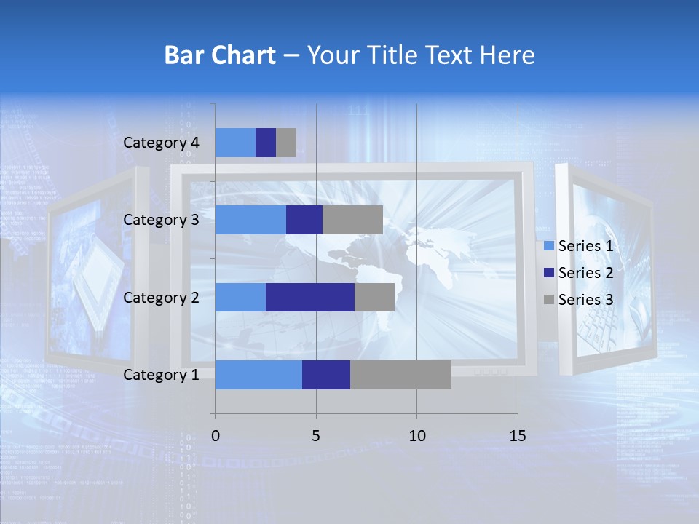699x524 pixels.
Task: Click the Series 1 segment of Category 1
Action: tap(258, 374)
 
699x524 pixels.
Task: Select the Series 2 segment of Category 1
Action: tap(326, 374)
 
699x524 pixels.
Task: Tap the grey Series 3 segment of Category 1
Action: tap(400, 374)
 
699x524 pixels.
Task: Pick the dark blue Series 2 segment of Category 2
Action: tap(310, 297)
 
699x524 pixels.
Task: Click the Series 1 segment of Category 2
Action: tap(240, 297)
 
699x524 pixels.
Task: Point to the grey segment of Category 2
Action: tap(374, 297)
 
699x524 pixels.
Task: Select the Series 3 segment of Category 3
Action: tap(352, 220)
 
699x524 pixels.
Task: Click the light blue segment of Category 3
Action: tap(250, 220)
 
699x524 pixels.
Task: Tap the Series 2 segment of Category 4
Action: tap(266, 143)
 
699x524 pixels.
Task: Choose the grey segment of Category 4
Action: tap(286, 143)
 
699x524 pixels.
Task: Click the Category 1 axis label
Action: tap(161, 375)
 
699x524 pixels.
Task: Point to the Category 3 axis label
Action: tap(161, 220)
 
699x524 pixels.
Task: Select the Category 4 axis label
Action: tap(161, 143)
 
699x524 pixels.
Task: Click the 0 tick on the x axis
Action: tap(216, 436)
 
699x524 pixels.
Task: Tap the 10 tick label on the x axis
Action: tap(416, 436)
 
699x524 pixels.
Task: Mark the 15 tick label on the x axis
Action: tap(518, 436)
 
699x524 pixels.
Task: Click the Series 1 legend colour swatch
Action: tap(549, 247)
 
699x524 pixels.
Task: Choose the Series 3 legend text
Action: tap(585, 300)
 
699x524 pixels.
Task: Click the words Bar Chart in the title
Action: tap(220, 55)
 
